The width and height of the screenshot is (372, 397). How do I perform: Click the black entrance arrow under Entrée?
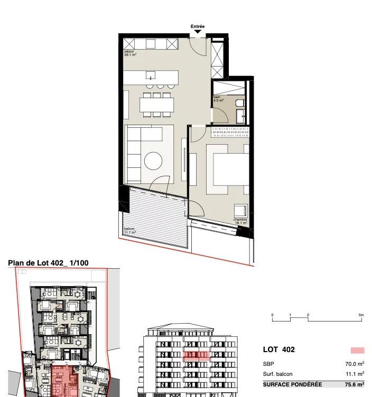pos(198,32)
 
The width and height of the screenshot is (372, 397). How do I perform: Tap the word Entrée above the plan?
pos(198,26)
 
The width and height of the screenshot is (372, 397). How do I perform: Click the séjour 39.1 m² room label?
pos(129,53)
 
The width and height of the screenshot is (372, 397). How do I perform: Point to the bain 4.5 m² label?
pos(218,99)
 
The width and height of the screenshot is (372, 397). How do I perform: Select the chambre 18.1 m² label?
pos(240,222)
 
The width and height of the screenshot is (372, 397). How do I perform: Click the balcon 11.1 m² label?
pos(129,231)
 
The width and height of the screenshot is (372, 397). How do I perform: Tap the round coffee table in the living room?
pos(153,160)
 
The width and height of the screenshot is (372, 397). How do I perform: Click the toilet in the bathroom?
pos(240,102)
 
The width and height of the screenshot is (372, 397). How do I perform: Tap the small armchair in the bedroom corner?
pos(240,210)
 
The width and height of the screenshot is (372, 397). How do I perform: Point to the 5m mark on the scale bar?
pos(361,315)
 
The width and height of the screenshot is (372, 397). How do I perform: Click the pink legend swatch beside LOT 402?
pos(357,350)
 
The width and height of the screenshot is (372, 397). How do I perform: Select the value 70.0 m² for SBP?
pos(354,364)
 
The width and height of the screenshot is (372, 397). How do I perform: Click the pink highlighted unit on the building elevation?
pos(197,355)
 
